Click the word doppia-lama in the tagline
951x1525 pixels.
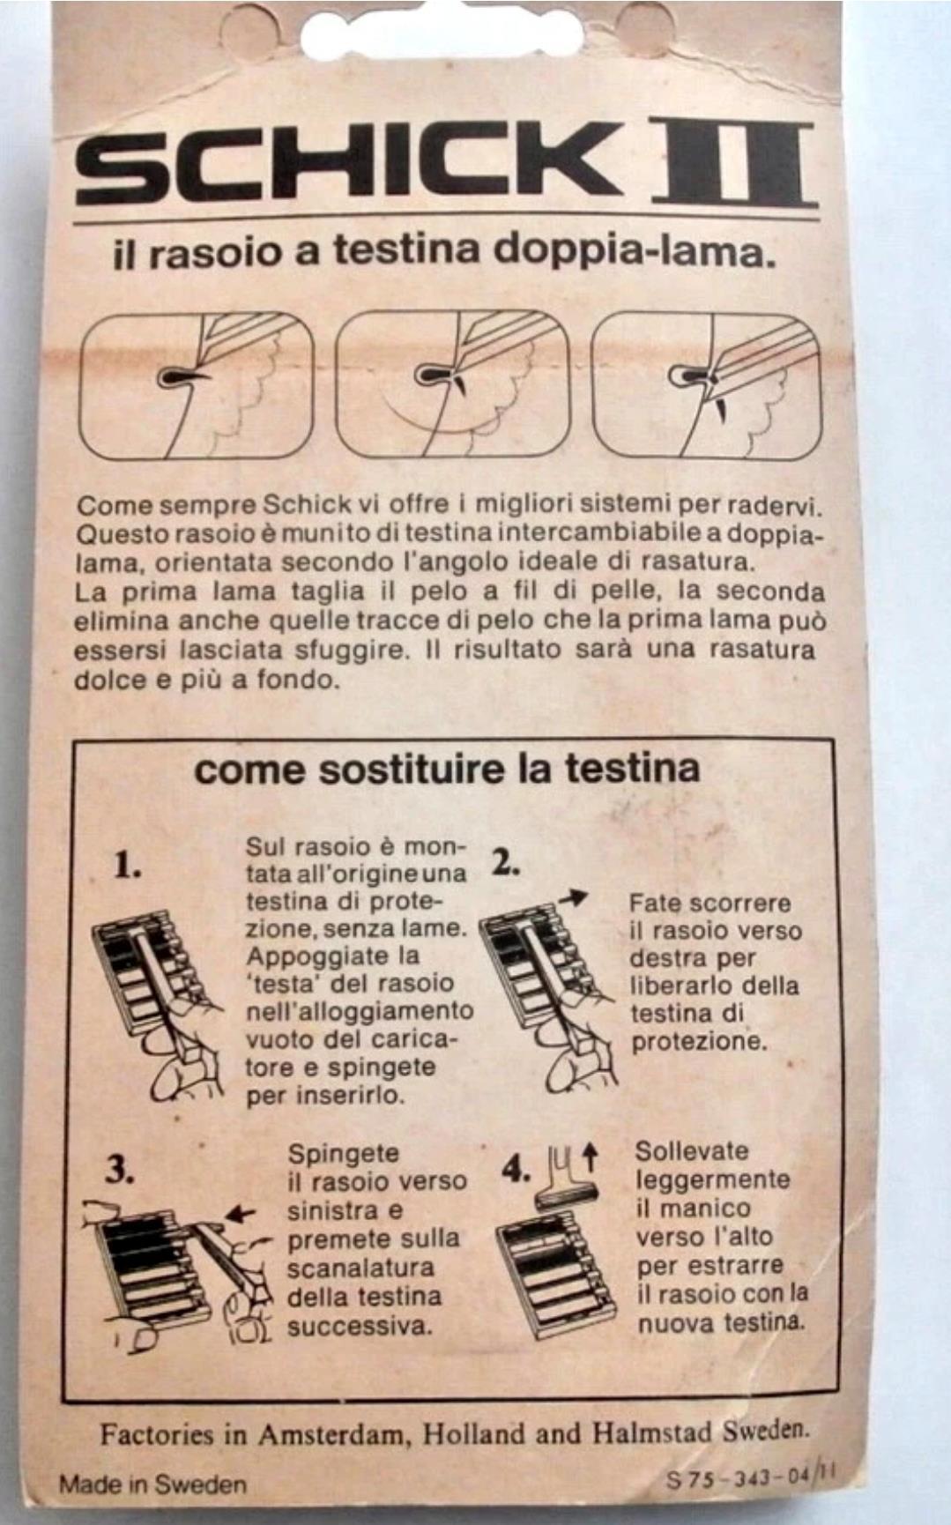[x=634, y=251]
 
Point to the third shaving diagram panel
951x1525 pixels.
[x=707, y=384]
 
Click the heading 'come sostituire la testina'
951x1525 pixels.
[x=447, y=769]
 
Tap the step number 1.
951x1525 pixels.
[x=128, y=866]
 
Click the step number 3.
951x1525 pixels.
[x=119, y=1170]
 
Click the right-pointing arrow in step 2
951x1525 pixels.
[x=573, y=898]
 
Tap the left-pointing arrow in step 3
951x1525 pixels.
[x=240, y=1215]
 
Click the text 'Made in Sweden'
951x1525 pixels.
[x=152, y=1484]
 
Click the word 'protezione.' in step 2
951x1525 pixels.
[x=699, y=1042]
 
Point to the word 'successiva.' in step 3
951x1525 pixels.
[x=360, y=1325]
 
